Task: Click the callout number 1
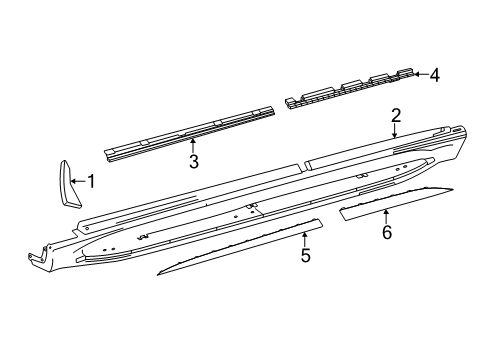click(91, 181)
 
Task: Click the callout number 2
click(396, 115)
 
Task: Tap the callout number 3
click(193, 161)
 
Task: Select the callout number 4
click(434, 75)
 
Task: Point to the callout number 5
click(305, 255)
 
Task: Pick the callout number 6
click(387, 232)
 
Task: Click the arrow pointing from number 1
click(78, 181)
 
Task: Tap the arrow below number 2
click(395, 131)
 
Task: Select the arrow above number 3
click(192, 146)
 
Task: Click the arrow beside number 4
click(421, 74)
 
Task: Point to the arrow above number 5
click(304, 240)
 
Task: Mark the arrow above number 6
click(386, 217)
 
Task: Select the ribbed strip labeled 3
click(190, 133)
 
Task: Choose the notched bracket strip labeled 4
click(350, 89)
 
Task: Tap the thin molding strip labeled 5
click(240, 247)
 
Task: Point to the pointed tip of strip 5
click(158, 275)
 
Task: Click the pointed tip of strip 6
click(452, 189)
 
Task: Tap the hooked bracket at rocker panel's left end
click(37, 257)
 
